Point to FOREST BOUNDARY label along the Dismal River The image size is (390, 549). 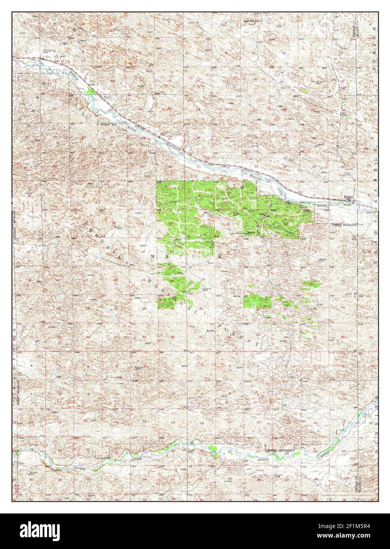[x=280, y=450]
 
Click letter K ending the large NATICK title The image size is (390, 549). [x=220, y=257]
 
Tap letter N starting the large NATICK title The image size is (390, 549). [x=154, y=257]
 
